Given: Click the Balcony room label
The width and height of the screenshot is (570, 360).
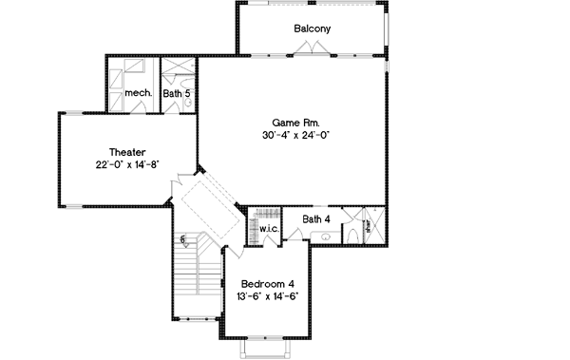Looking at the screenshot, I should click(x=312, y=28).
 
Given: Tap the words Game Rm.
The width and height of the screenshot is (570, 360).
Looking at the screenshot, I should click(x=295, y=123).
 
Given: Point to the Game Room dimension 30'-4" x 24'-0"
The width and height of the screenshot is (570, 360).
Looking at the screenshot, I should click(x=295, y=136).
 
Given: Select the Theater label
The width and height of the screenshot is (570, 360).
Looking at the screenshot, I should click(x=126, y=152).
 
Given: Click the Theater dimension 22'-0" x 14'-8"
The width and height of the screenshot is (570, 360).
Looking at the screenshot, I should click(x=126, y=165).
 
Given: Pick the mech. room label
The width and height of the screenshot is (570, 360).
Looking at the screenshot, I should click(x=138, y=94).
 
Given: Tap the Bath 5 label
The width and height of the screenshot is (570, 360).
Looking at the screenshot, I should click(x=176, y=94).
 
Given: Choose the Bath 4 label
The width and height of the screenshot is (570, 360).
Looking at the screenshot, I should click(x=315, y=219).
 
